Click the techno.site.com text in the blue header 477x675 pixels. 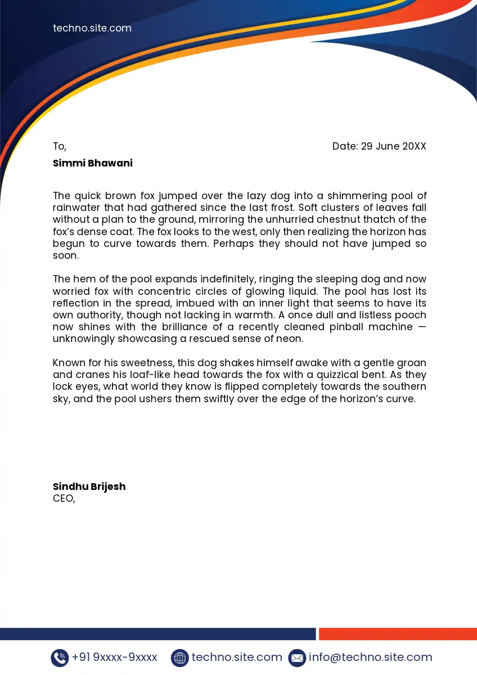click(x=92, y=28)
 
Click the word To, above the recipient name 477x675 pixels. click(x=60, y=147)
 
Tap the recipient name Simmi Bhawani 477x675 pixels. click(x=93, y=163)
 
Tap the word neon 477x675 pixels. click(x=291, y=339)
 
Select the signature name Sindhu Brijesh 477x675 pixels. click(x=89, y=487)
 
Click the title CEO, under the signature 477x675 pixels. click(x=64, y=498)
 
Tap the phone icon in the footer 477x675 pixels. click(x=60, y=658)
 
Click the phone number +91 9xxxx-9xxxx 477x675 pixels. click(x=115, y=657)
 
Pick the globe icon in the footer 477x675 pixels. click(x=179, y=658)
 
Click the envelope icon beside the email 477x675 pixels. click(x=297, y=658)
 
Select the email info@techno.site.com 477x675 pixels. click(x=371, y=657)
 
